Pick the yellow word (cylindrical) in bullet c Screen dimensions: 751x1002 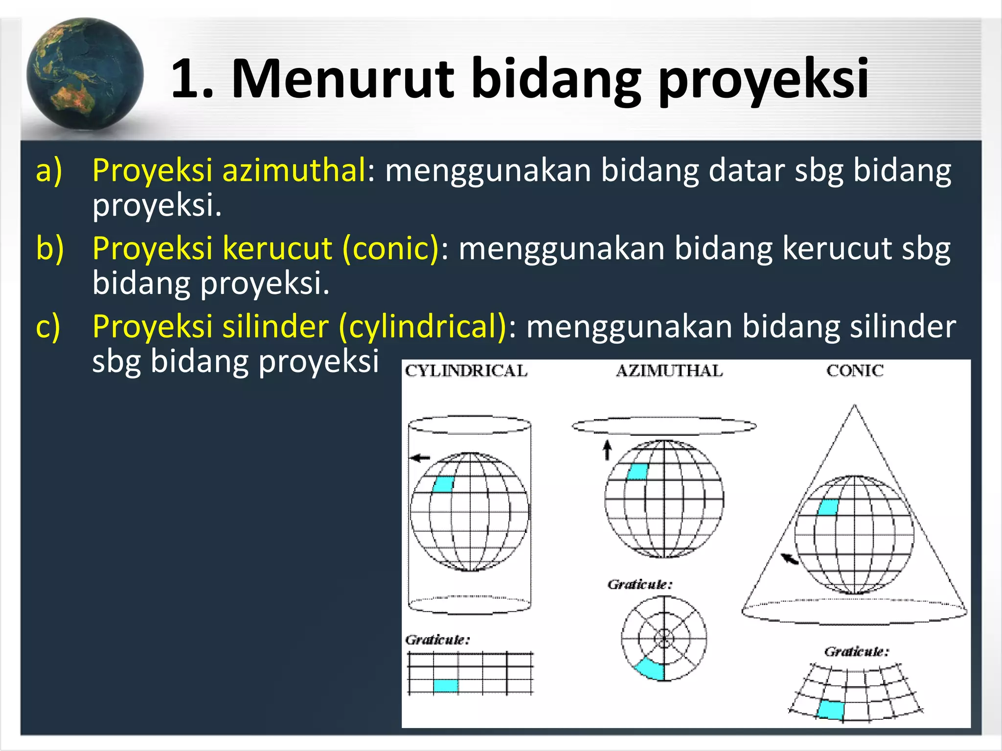pos(423,326)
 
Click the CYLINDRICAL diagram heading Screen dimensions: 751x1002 pos(466,371)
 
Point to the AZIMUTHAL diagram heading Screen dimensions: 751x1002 pos(669,371)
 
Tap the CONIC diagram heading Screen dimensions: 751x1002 pos(855,371)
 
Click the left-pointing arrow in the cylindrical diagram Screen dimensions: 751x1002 pos(420,458)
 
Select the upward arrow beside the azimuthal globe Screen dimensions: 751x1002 pos(607,450)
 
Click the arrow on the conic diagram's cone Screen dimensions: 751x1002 pos(789,558)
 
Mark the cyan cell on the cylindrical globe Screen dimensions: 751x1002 pos(444,484)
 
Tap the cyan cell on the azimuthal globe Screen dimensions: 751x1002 pos(638,472)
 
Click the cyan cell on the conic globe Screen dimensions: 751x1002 pos(828,507)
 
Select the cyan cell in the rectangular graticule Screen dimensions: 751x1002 pos(446,685)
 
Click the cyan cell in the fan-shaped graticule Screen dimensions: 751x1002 pos(831,709)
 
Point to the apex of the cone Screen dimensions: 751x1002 pos(855,405)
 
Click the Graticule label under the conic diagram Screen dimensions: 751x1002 pos(856,651)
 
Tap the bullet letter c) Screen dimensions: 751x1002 pos(48,327)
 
